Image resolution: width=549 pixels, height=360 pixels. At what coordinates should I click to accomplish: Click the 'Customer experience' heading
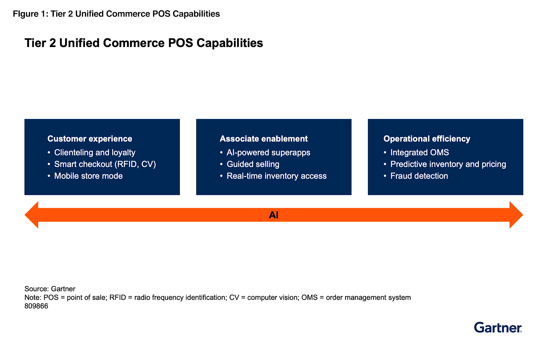[90, 139]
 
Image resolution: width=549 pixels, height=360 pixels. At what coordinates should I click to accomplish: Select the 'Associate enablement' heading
[264, 139]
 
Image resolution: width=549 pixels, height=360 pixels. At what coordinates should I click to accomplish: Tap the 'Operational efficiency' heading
[427, 139]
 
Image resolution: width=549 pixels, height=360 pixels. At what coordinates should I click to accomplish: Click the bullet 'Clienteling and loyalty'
[94, 153]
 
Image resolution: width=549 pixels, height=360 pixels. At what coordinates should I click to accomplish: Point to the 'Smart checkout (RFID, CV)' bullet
[105, 164]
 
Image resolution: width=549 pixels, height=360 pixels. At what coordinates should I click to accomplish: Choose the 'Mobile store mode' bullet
[88, 176]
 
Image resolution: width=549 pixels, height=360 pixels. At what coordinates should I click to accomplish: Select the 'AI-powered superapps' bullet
[268, 153]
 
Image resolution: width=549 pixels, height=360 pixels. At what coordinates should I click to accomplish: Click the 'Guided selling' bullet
[253, 164]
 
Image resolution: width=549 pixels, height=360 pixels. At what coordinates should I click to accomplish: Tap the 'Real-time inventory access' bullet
[277, 176]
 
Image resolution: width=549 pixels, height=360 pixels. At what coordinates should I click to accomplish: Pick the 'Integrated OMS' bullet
[419, 153]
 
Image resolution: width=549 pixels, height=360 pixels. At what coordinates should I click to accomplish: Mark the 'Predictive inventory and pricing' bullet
[448, 164]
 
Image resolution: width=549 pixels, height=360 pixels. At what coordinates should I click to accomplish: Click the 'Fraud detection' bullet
[419, 176]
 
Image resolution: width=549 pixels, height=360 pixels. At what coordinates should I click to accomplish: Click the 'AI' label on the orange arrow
[274, 215]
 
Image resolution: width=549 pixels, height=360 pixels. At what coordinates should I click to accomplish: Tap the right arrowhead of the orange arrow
[515, 215]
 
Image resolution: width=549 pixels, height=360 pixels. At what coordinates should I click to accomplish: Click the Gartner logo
[498, 328]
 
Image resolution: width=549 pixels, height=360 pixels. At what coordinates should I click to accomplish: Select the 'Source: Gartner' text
[50, 289]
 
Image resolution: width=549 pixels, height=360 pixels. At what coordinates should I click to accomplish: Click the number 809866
[36, 306]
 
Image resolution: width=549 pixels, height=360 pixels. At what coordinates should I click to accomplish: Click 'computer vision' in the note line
[272, 298]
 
